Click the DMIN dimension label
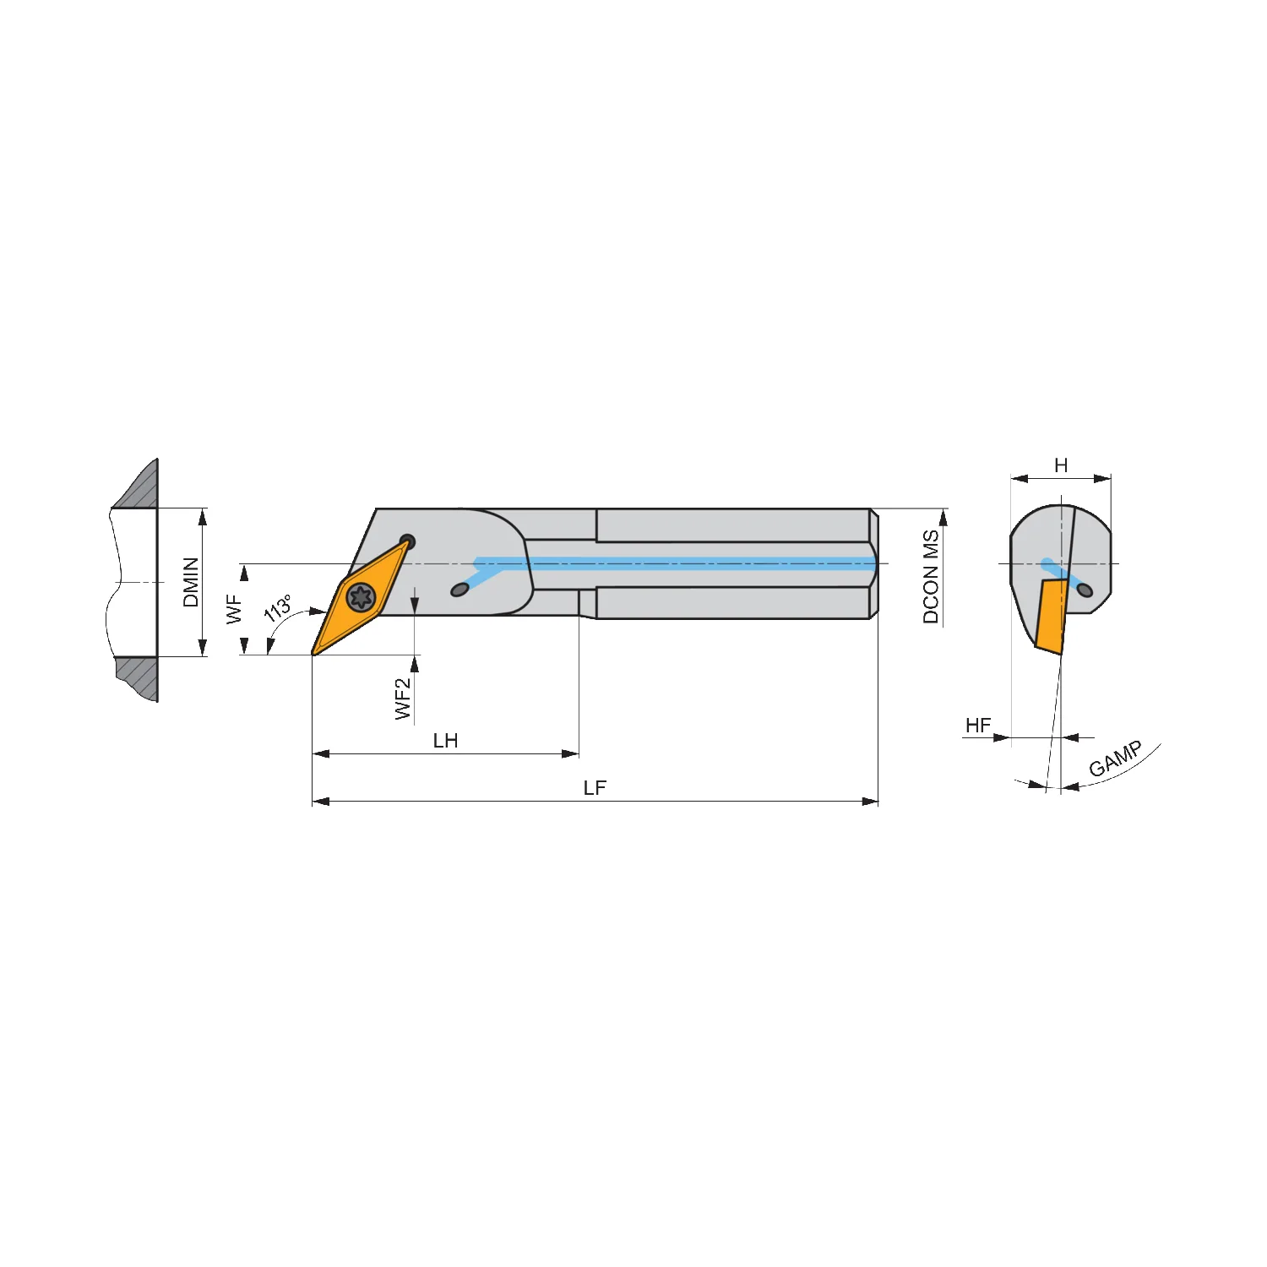[191, 582]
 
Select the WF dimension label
[234, 609]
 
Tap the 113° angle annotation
[278, 608]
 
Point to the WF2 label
[403, 699]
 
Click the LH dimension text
[445, 741]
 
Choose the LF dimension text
[595, 788]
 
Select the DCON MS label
[931, 577]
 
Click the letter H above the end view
[1061, 465]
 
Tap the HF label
[978, 726]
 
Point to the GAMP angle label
[1116, 759]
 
